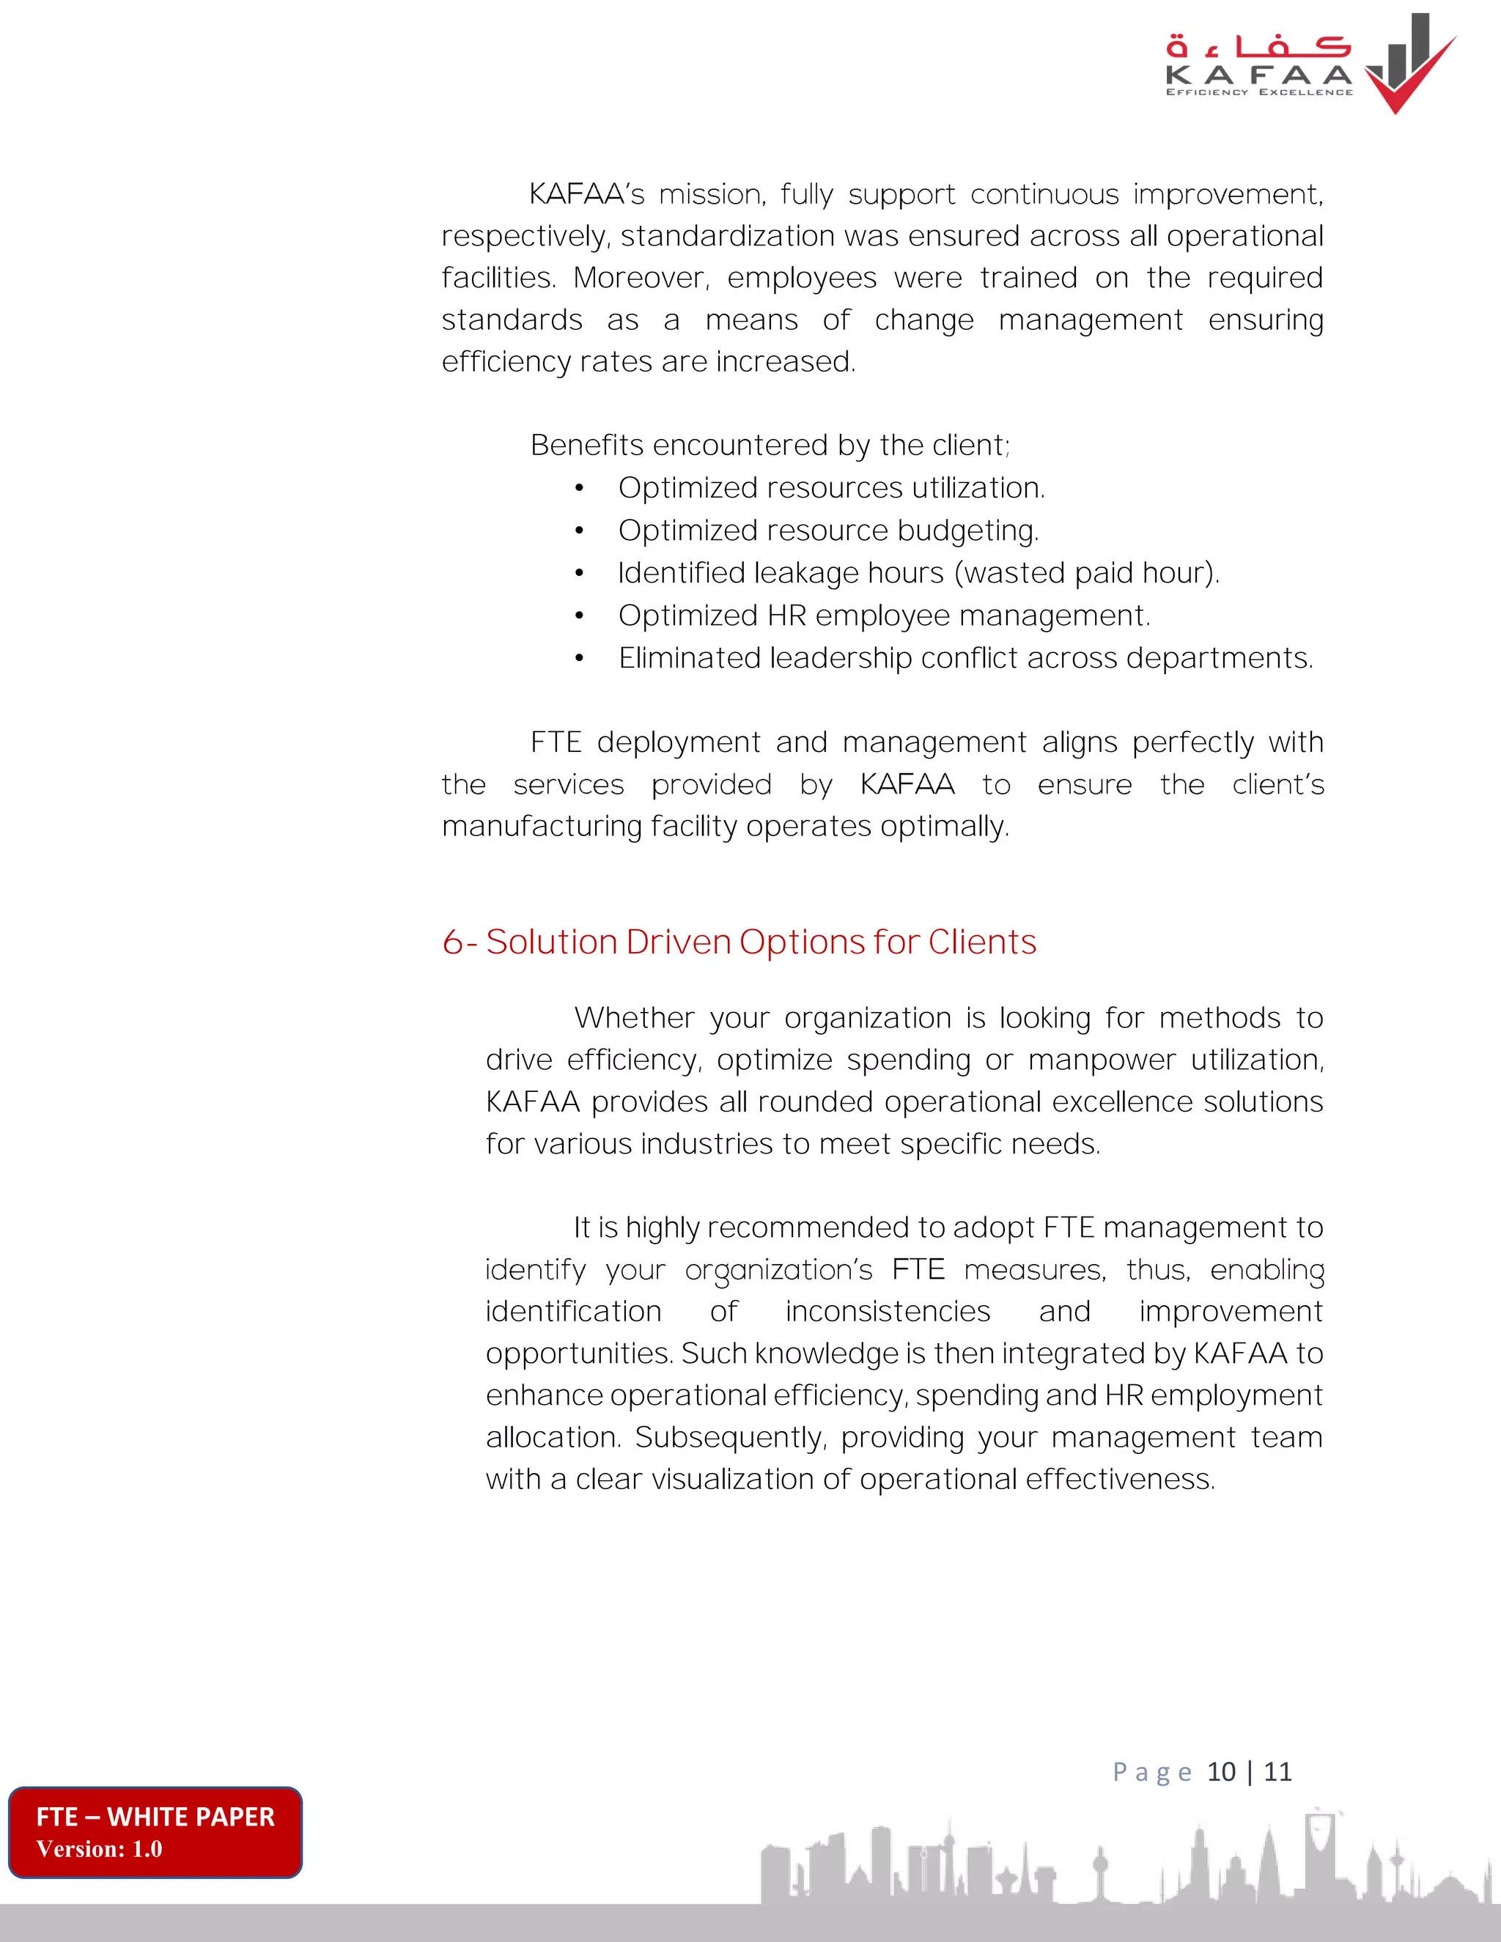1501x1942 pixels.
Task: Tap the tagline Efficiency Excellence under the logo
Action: point(1259,92)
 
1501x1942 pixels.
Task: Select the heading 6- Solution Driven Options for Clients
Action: point(739,942)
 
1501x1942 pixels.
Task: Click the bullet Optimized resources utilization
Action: point(831,487)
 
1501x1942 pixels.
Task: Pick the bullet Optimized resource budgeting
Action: point(828,530)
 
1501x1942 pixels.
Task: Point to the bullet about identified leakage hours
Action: point(918,572)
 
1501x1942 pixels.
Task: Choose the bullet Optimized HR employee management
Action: point(884,616)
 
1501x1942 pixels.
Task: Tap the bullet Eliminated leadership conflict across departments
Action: point(966,658)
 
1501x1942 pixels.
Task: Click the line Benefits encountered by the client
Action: point(769,445)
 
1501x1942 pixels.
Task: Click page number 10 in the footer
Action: point(1221,1771)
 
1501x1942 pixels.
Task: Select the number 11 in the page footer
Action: point(1277,1771)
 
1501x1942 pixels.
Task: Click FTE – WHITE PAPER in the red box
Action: point(155,1816)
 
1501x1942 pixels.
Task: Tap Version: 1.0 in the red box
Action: point(99,1849)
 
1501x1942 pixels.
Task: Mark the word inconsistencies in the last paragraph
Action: point(888,1311)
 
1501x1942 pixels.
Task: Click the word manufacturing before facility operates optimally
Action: point(542,826)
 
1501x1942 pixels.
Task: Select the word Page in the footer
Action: point(1151,1772)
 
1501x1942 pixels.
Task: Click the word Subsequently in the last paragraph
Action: point(730,1437)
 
